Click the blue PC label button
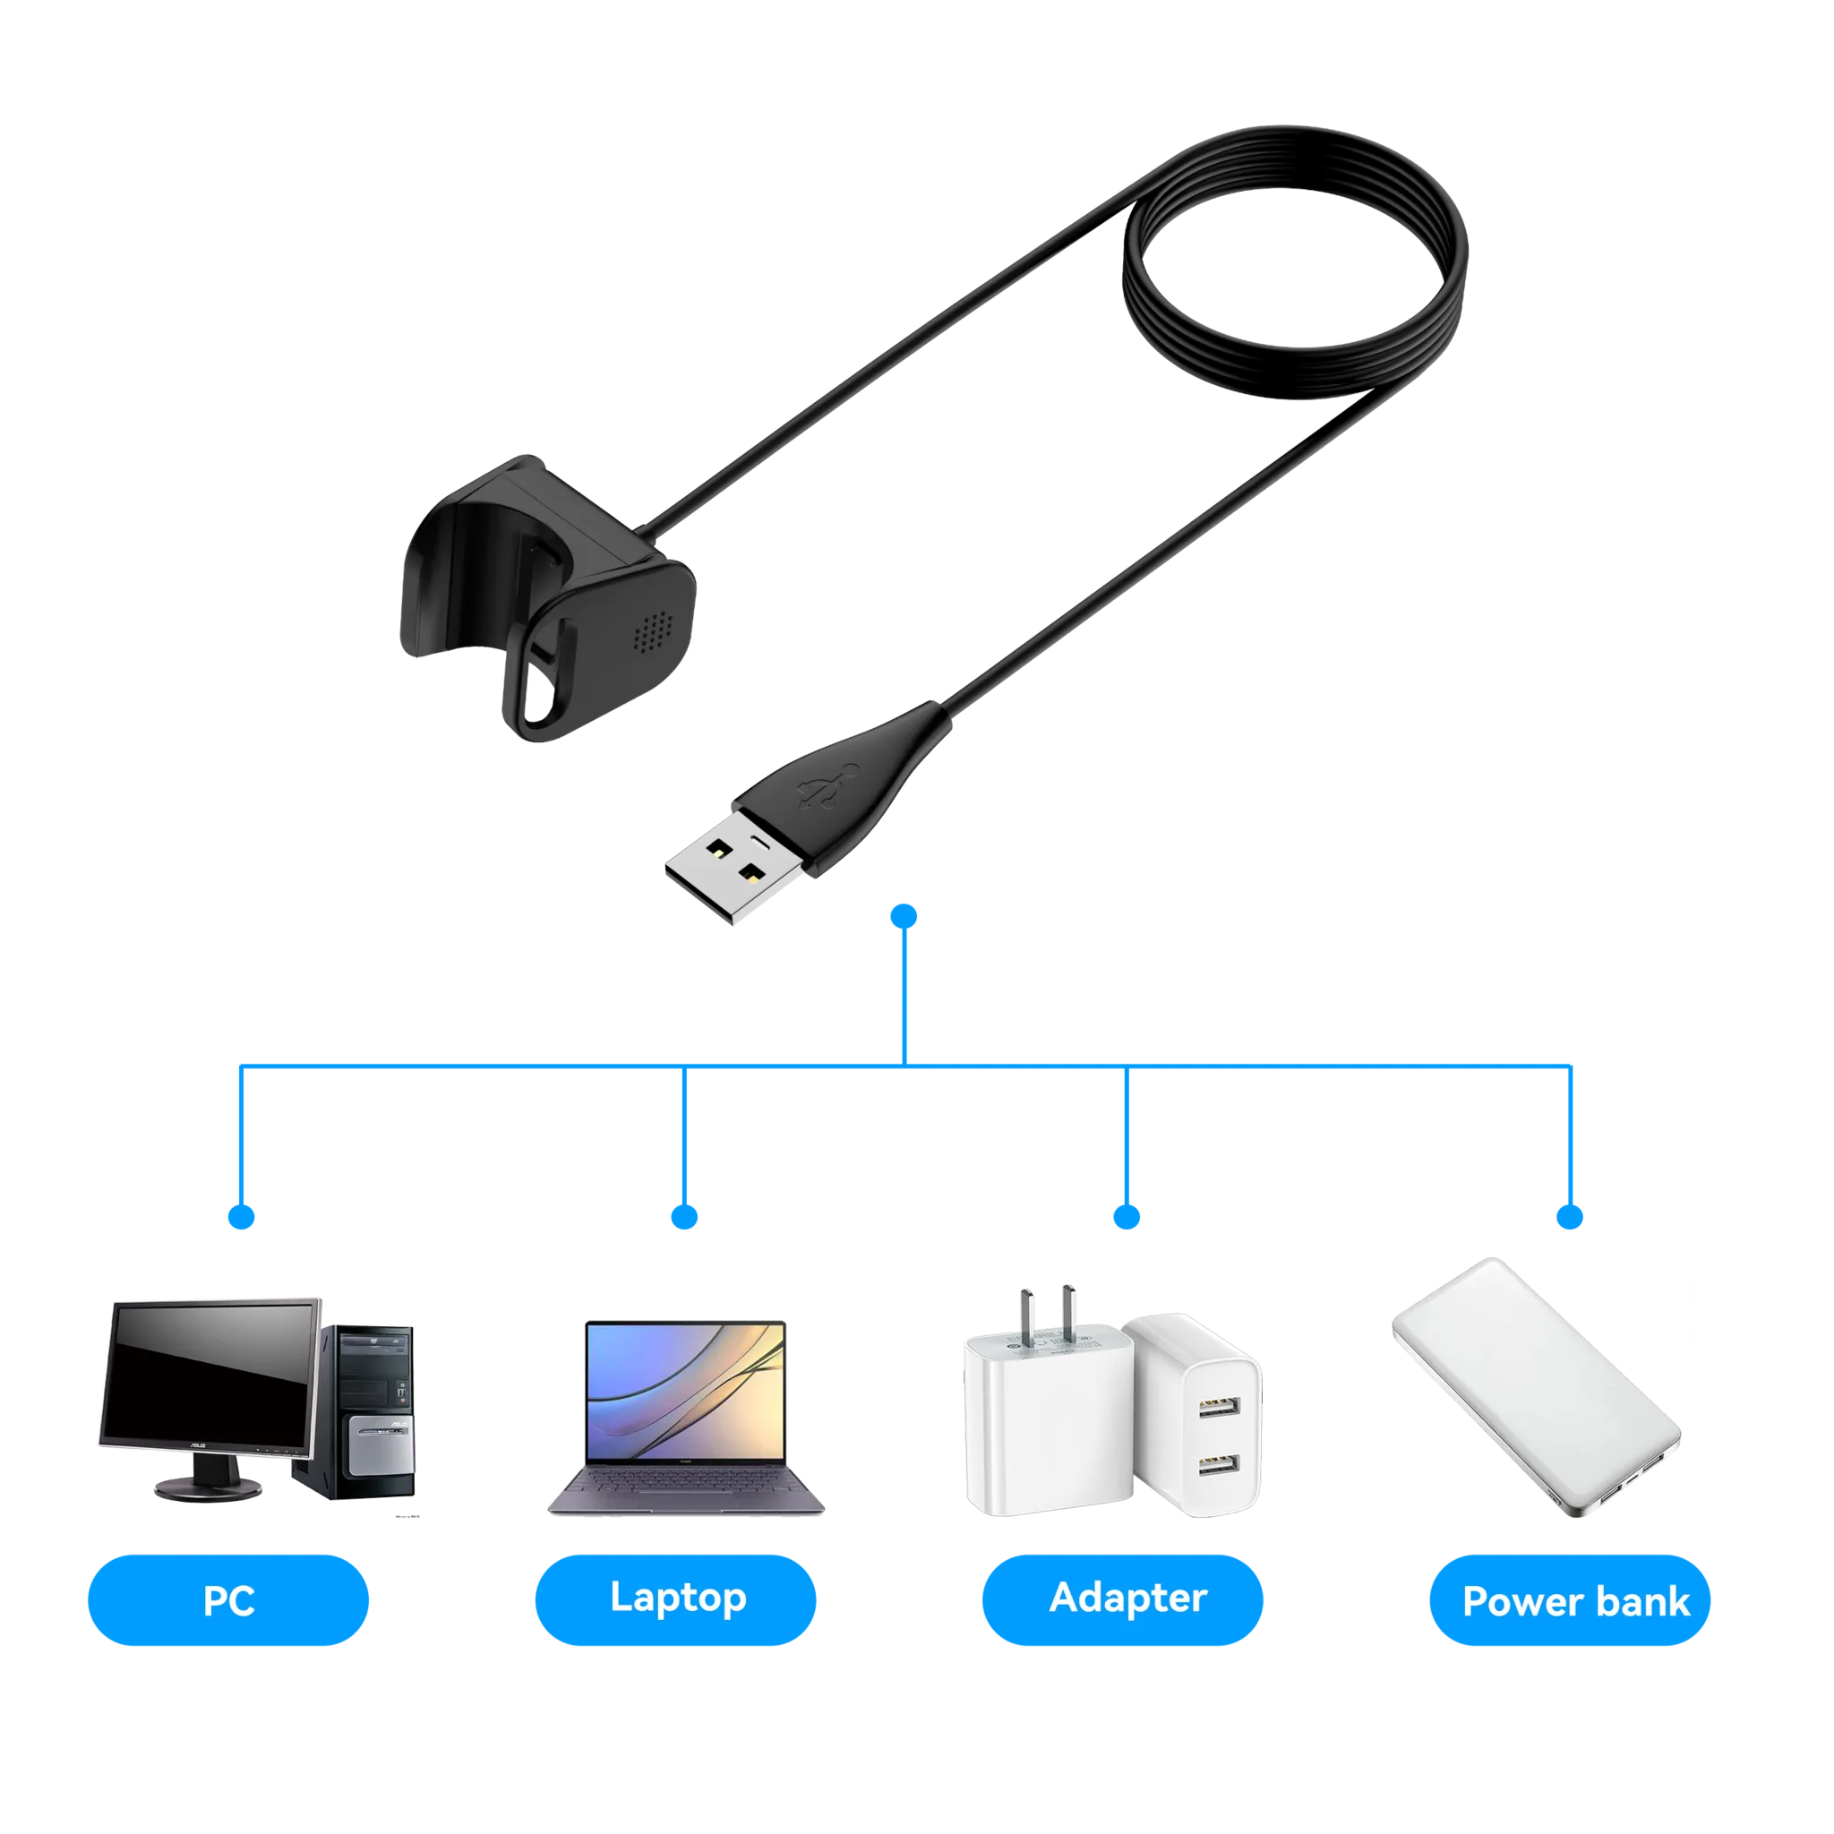point(227,1600)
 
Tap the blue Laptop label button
point(676,1600)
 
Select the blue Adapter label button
point(1123,1600)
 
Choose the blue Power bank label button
point(1570,1600)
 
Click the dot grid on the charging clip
point(653,630)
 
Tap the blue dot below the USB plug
point(904,916)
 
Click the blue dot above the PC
point(241,1217)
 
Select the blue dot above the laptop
point(684,1217)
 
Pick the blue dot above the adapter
point(1127,1217)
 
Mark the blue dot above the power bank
point(1570,1217)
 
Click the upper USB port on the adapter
point(1219,1407)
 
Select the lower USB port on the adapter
point(1219,1465)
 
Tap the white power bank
point(1536,1387)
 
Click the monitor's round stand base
point(208,1487)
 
